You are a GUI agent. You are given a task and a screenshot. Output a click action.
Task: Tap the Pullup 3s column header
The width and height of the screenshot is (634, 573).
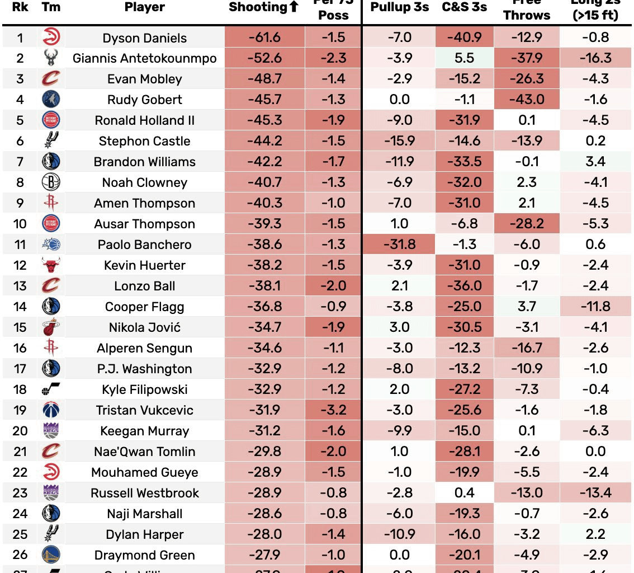(x=400, y=7)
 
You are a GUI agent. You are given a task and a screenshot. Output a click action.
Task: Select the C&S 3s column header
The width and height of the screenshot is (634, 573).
(x=464, y=7)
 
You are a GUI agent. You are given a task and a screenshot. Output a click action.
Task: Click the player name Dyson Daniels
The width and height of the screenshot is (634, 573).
(x=145, y=38)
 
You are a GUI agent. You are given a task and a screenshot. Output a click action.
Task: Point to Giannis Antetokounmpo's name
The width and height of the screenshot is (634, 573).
(x=145, y=59)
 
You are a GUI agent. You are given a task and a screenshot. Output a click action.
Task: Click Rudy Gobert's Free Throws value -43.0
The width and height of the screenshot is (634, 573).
(x=527, y=100)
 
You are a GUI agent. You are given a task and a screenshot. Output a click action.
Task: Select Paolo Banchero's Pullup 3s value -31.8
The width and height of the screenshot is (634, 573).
(x=400, y=245)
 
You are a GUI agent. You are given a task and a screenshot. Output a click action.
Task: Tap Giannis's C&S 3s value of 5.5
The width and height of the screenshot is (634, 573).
(x=465, y=59)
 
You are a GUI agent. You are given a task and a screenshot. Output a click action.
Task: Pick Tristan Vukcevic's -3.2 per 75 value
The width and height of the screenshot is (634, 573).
(x=334, y=410)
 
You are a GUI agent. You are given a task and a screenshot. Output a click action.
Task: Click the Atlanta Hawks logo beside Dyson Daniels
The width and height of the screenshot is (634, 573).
(x=51, y=38)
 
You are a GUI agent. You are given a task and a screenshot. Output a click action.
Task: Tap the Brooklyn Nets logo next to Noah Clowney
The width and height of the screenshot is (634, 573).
(x=51, y=182)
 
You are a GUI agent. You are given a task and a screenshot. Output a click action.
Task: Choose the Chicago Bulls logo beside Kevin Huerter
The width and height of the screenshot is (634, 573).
(x=51, y=265)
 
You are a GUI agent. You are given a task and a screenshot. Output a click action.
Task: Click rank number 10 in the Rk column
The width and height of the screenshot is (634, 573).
(x=20, y=224)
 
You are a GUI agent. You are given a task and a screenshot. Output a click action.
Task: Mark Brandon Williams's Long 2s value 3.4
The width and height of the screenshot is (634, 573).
(x=595, y=162)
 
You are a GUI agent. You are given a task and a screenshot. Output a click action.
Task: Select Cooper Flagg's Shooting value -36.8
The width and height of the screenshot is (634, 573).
(x=265, y=307)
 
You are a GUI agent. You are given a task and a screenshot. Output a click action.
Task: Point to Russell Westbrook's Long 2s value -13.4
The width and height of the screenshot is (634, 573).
(x=595, y=493)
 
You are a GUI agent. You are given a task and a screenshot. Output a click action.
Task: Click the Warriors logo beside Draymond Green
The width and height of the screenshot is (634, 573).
(x=51, y=555)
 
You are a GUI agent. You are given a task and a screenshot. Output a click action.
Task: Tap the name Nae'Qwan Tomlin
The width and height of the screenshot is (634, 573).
(x=145, y=452)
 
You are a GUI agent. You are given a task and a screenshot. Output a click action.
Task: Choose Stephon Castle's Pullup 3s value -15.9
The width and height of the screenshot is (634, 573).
(x=400, y=142)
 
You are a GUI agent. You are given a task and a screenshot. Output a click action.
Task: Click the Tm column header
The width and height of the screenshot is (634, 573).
(x=51, y=7)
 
